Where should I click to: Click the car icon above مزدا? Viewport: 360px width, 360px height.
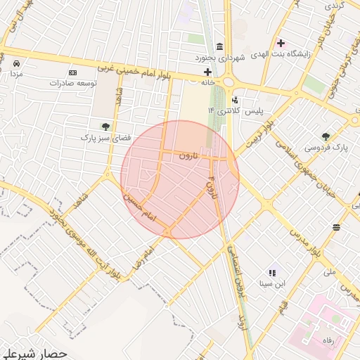[x=15, y=63]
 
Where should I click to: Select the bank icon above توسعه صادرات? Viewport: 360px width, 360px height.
[x=72, y=72]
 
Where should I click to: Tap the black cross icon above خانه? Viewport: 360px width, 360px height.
[x=207, y=72]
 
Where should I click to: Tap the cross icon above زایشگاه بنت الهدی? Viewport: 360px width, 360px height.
[x=281, y=44]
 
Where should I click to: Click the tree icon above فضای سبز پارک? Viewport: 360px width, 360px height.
[x=105, y=127]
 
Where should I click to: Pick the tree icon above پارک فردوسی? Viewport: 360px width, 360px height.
[x=326, y=136]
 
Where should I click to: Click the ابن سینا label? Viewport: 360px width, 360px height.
[x=272, y=284]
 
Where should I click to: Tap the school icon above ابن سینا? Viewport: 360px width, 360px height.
[x=271, y=273]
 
